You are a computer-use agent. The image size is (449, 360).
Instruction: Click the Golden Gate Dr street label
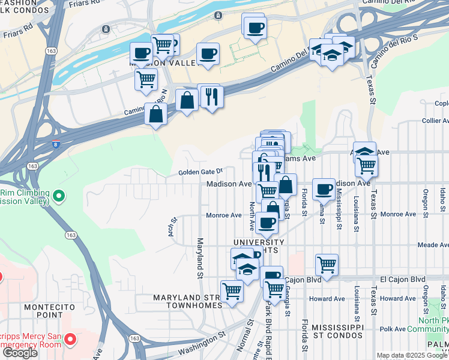tap(200, 172)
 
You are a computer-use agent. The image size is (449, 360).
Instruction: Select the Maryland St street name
tap(199, 259)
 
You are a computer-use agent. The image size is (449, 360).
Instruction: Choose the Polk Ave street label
tap(393, 329)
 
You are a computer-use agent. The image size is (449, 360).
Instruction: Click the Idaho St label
tap(442, 196)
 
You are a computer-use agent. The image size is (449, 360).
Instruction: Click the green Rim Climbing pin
tap(58, 195)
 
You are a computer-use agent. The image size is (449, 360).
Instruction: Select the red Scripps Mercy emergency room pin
tap(70, 340)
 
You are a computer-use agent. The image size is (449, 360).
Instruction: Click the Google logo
tap(20, 353)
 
